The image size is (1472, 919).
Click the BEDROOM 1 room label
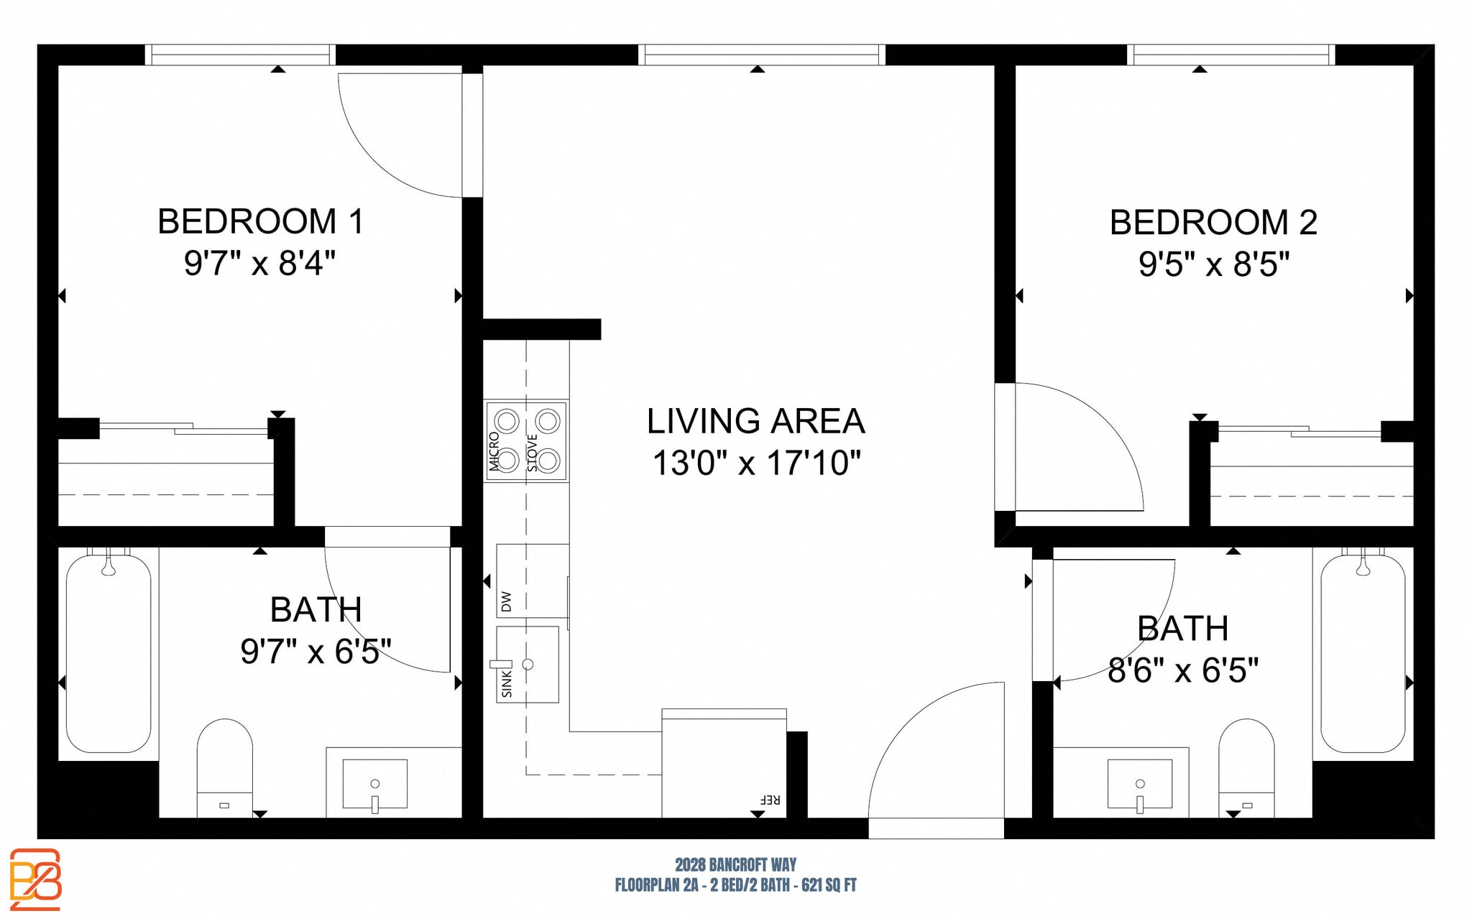260,221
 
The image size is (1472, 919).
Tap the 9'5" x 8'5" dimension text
1213,264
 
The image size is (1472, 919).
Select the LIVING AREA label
755,421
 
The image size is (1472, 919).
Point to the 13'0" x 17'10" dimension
755,463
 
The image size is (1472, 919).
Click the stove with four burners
528,440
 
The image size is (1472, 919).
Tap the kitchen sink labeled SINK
528,665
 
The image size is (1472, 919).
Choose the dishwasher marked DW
532,581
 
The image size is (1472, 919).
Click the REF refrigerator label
769,799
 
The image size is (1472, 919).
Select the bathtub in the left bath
109,652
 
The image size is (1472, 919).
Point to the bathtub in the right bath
1362,652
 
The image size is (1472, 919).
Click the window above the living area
762,55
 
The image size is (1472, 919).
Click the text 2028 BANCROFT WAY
735,864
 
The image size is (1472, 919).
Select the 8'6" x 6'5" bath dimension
1182,671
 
